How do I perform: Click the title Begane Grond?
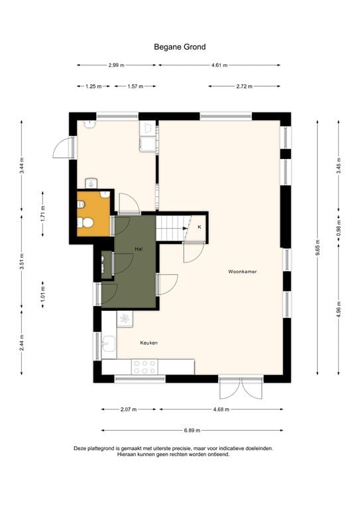pos(180,47)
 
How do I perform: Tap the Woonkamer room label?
pos(242,272)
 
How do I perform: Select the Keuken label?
pos(149,343)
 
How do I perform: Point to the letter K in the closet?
pos(199,228)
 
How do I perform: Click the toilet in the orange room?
pos(85,224)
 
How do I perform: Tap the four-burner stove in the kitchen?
pos(145,367)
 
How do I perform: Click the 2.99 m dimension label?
pos(116,66)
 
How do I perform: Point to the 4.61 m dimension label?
pos(219,66)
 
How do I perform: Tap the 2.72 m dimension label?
pos(243,86)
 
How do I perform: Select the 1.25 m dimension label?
pos(93,86)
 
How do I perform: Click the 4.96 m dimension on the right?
pos(339,310)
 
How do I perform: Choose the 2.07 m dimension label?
pos(129,410)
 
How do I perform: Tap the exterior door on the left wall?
pos(64,147)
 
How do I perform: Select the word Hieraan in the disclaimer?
pos(129,455)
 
